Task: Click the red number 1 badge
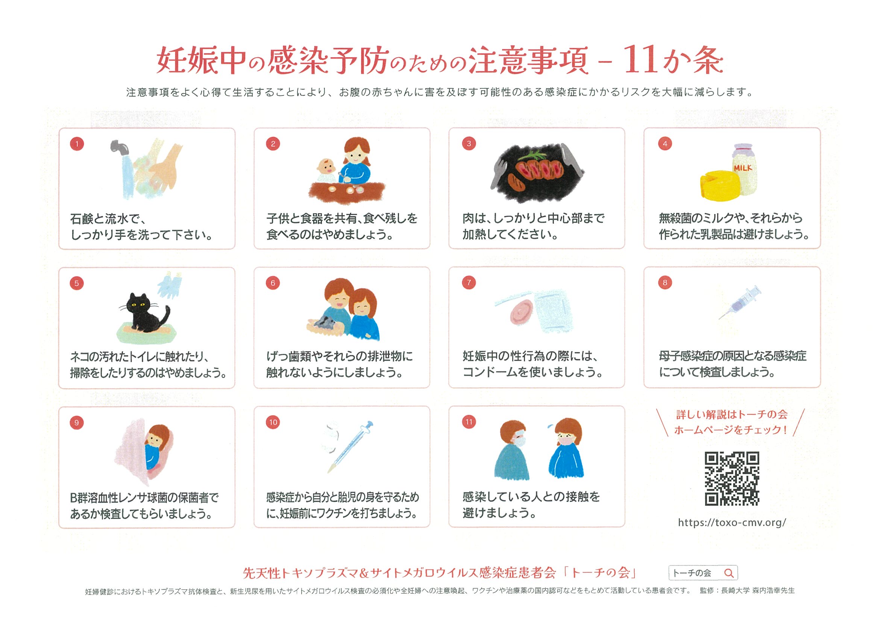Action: tap(77, 144)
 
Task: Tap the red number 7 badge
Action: tap(469, 282)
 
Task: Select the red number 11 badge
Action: tap(469, 422)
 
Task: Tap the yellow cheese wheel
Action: tap(719, 185)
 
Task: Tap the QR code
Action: tap(732, 479)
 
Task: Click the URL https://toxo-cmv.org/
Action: tap(732, 522)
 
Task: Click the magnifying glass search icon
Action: tap(728, 573)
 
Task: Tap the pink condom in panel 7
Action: tap(522, 311)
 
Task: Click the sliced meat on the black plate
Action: tap(539, 169)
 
